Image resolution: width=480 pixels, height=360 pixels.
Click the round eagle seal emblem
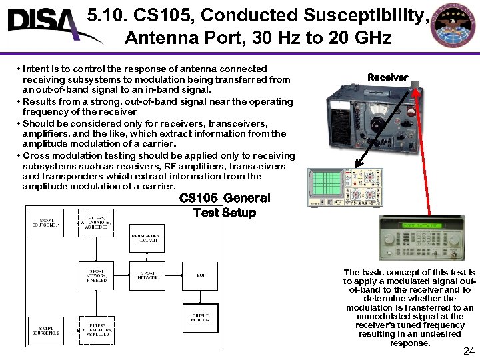point(454,26)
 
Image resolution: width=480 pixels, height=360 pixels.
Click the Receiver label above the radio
point(387,77)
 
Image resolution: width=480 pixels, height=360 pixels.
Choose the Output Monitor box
point(200,317)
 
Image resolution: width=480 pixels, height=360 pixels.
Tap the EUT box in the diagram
point(200,275)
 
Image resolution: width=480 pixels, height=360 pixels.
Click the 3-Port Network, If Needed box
point(97,275)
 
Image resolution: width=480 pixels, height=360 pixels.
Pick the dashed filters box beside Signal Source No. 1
point(97,222)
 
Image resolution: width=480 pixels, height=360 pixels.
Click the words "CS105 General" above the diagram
point(225,198)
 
